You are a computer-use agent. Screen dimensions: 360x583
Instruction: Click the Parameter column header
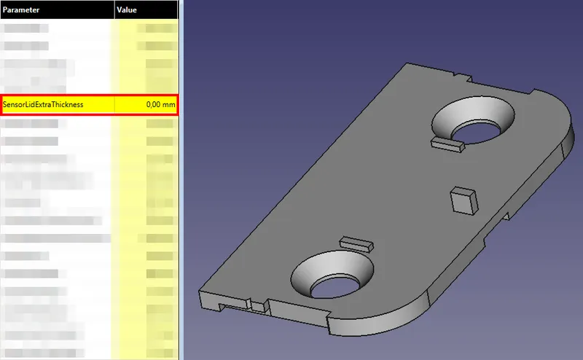pos(22,9)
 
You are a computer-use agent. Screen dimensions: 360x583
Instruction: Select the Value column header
pos(128,9)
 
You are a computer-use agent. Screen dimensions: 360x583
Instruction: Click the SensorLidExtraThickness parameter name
pos(43,105)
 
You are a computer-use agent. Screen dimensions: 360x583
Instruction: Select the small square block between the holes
pos(463,200)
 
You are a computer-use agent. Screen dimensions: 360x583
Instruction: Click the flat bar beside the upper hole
pos(447,144)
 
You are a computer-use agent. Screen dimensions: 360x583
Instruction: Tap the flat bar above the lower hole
pos(356,242)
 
